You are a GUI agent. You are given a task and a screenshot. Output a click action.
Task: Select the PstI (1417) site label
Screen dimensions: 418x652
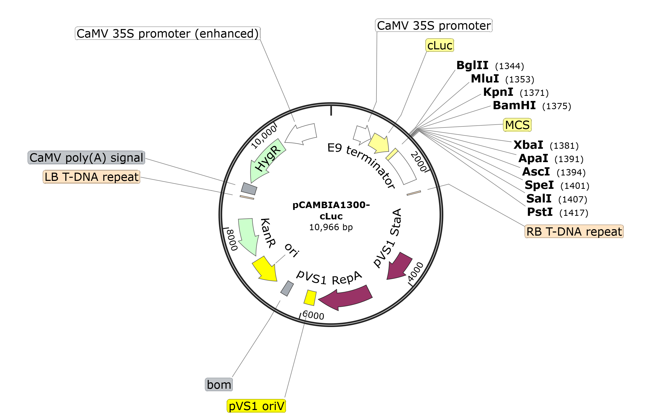557,212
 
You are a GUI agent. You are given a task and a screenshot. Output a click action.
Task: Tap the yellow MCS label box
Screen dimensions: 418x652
517,125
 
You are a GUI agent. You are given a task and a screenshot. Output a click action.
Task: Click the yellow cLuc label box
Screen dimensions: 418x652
439,45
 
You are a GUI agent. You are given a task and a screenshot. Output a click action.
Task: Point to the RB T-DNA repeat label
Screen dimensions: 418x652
574,231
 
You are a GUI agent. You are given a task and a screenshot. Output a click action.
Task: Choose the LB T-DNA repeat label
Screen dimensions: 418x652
91,177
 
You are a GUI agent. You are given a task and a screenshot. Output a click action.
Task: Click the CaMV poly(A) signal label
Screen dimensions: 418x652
86,158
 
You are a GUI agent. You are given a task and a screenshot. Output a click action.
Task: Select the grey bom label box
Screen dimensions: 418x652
219,385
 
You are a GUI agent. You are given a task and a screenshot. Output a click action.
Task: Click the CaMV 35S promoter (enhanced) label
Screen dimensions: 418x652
168,34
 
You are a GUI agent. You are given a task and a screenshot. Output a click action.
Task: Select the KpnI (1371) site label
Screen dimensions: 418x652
516,92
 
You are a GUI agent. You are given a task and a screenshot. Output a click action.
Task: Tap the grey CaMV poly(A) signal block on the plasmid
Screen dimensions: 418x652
249,189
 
